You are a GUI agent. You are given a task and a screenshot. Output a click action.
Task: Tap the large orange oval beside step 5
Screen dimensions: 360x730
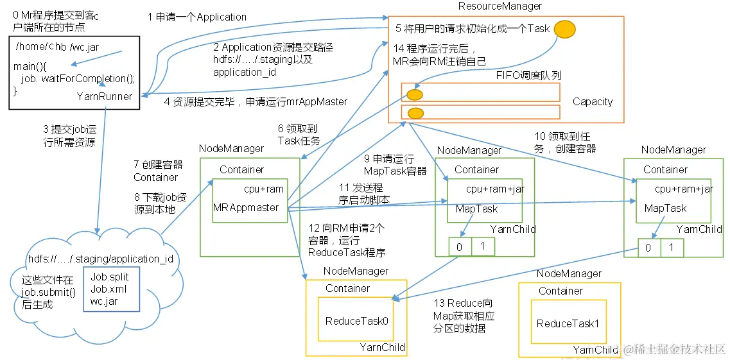pyautogui.click(x=564, y=29)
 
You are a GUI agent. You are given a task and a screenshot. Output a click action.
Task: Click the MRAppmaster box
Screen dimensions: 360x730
pyautogui.click(x=250, y=201)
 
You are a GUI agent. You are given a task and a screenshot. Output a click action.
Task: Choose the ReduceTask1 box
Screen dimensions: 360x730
pyautogui.click(x=568, y=323)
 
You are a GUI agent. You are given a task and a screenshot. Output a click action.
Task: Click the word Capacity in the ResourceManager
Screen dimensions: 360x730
pyautogui.click(x=592, y=102)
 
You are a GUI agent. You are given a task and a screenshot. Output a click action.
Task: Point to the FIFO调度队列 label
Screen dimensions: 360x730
pyautogui.click(x=529, y=75)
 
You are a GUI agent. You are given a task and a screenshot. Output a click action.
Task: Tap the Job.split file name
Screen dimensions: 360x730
pyautogui.click(x=109, y=277)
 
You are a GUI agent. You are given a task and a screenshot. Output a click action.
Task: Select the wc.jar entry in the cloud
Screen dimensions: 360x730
pyautogui.click(x=103, y=301)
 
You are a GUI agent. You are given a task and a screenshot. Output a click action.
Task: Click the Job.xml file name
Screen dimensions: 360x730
pyautogui.click(x=107, y=289)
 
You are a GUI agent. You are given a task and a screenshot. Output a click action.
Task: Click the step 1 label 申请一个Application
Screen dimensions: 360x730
pyautogui.click(x=196, y=17)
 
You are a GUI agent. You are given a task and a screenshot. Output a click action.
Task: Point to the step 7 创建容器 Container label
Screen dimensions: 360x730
pyautogui.click(x=158, y=171)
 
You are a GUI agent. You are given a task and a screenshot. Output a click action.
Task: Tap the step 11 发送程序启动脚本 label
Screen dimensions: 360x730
pyautogui.click(x=363, y=193)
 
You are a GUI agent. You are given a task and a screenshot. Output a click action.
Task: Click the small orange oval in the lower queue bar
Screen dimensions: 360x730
pyautogui.click(x=415, y=114)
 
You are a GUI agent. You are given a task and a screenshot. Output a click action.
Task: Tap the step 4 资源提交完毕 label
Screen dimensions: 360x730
pyautogui.click(x=255, y=101)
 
